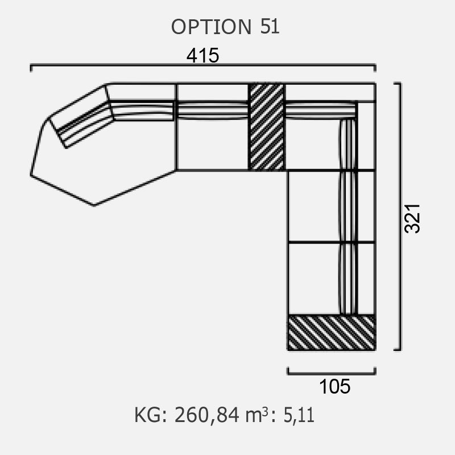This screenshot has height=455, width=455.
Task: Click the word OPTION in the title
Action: click(x=211, y=27)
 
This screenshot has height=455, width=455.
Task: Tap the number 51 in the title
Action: click(x=270, y=26)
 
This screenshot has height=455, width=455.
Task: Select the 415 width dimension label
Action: click(x=202, y=55)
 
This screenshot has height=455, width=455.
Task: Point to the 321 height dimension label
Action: click(x=412, y=218)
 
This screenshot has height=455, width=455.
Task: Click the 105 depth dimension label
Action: click(x=334, y=387)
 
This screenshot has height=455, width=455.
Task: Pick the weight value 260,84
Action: click(x=206, y=415)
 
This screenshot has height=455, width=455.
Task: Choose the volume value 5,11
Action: click(x=299, y=416)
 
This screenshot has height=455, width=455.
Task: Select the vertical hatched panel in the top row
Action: click(x=267, y=126)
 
